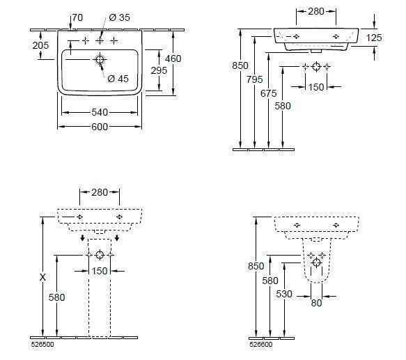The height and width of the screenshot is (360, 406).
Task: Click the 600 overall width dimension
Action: [x=100, y=127]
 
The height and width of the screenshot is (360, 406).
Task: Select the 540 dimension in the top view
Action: [x=100, y=112]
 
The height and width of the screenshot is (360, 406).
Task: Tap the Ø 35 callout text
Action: [x=119, y=17]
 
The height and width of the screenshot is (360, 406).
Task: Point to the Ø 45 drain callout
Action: [x=118, y=79]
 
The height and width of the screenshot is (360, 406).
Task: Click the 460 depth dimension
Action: [x=173, y=58]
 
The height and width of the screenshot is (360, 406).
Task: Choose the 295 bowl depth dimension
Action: [x=159, y=70]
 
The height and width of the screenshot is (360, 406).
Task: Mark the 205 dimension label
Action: [x=40, y=45]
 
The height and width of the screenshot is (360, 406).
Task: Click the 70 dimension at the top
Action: [x=77, y=17]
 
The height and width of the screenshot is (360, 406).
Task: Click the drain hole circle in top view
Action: [x=100, y=60]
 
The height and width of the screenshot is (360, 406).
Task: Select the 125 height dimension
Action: [x=374, y=38]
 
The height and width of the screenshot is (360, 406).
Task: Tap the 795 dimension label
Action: [x=254, y=79]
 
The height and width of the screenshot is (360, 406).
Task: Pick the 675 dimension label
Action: [x=269, y=93]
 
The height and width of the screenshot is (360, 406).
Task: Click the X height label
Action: [x=42, y=277]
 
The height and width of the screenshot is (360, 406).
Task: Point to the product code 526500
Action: [x=42, y=345]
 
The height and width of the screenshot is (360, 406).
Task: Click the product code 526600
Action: [x=261, y=345]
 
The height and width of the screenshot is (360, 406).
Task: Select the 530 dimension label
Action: [x=284, y=294]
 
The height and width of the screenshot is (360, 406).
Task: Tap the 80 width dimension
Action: [x=316, y=303]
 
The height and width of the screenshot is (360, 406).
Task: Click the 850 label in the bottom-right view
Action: [x=256, y=266]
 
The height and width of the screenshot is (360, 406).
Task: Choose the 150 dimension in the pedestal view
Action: [x=100, y=271]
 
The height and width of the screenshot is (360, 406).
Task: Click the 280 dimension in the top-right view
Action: [x=316, y=11]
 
